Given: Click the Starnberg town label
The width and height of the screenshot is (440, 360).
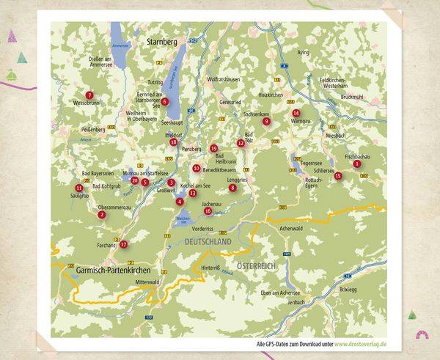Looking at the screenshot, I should [162, 43].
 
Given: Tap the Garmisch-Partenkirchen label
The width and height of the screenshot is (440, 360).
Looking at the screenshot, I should [109, 270].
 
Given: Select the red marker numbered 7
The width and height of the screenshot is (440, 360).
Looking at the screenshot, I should [89, 95].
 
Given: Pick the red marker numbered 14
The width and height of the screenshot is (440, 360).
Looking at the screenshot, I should [296, 113].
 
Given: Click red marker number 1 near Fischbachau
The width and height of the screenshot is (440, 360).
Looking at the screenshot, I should [356, 164].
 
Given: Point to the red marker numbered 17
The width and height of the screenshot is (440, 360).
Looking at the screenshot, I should [124, 244].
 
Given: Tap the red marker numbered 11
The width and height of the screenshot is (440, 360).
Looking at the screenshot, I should [78, 188].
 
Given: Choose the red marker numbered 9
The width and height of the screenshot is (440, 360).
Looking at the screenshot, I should [267, 122].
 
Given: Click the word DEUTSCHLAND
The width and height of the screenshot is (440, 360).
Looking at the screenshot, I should [208, 241].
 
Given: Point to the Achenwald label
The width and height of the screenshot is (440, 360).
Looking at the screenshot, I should [291, 228].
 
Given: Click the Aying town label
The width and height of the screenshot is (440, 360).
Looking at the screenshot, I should [304, 53].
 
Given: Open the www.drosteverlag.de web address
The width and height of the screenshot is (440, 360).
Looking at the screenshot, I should [358, 343].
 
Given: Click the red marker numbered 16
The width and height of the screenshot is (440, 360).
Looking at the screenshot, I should [208, 211].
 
